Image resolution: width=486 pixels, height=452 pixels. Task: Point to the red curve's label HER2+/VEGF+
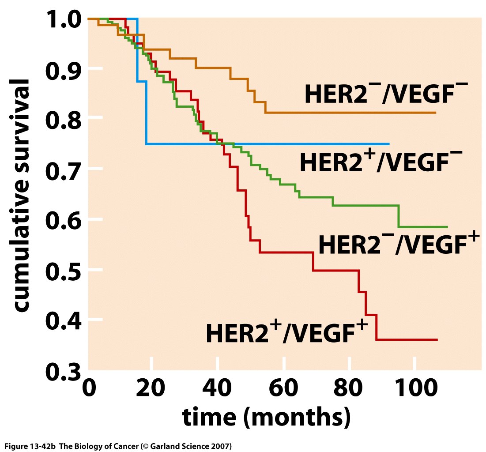(287, 332)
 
